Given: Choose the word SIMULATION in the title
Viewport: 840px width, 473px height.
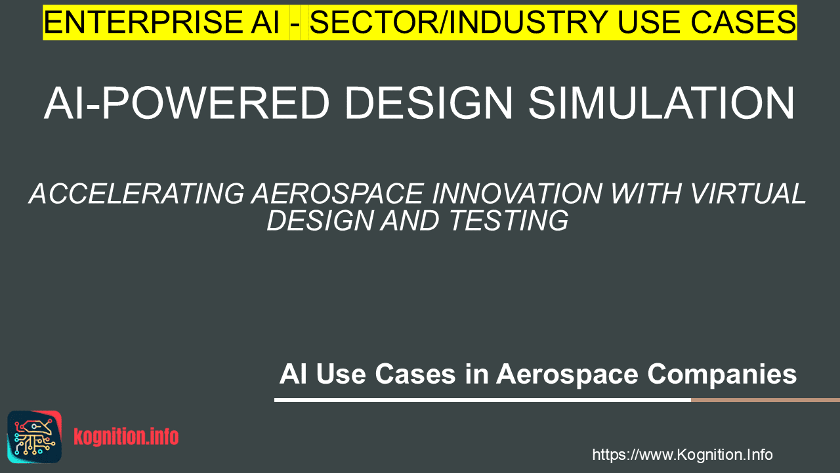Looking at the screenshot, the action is (661, 103).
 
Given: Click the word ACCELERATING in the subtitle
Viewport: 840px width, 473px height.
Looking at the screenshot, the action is (137, 194).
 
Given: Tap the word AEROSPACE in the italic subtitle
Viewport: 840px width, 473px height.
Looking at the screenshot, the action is (338, 194).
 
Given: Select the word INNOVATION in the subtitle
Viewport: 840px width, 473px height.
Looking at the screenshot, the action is (517, 194).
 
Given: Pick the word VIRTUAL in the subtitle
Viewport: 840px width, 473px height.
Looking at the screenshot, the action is (747, 194).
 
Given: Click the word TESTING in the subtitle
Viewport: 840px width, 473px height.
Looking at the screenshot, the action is (508, 220).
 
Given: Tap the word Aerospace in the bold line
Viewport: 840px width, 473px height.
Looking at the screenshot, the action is (567, 374).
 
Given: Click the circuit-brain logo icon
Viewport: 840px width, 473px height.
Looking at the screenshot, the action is (35, 437).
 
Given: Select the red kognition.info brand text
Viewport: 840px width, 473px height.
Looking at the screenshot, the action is (126, 437).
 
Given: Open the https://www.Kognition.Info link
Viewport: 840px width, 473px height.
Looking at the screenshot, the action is (682, 455).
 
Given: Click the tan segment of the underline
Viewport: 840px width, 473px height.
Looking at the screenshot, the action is (765, 400).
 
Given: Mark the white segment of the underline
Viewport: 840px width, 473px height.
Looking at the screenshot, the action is (482, 400).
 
